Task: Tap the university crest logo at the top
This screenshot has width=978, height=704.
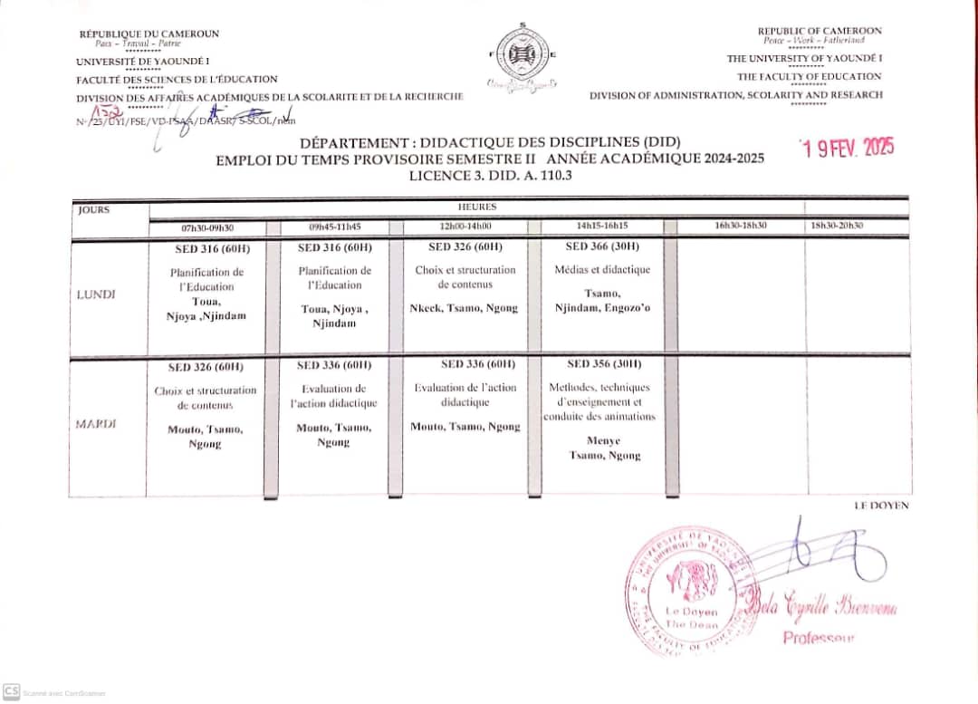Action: (x=522, y=56)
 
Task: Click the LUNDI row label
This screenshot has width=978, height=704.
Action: (x=96, y=294)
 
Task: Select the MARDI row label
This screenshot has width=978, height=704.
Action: (x=96, y=424)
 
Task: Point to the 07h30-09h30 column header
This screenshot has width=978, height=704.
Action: (x=207, y=227)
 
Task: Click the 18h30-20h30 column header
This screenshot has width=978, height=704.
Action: (x=837, y=226)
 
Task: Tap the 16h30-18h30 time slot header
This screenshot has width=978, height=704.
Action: (x=740, y=226)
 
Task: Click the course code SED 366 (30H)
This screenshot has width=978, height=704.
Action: (x=602, y=246)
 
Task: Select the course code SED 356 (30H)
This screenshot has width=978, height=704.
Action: (x=604, y=364)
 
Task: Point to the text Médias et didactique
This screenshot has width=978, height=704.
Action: (x=602, y=270)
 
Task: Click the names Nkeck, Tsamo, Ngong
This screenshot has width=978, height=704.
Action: (x=464, y=308)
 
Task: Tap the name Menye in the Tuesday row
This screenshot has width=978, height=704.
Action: (x=604, y=441)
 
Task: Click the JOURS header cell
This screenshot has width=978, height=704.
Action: (x=93, y=210)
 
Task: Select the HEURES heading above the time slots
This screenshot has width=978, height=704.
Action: (x=476, y=207)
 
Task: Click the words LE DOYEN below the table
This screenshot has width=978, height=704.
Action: (x=881, y=506)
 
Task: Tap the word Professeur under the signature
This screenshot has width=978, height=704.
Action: (x=818, y=638)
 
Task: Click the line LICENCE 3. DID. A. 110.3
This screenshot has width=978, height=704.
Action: (x=490, y=175)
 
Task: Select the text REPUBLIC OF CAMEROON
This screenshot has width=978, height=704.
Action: (x=819, y=31)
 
